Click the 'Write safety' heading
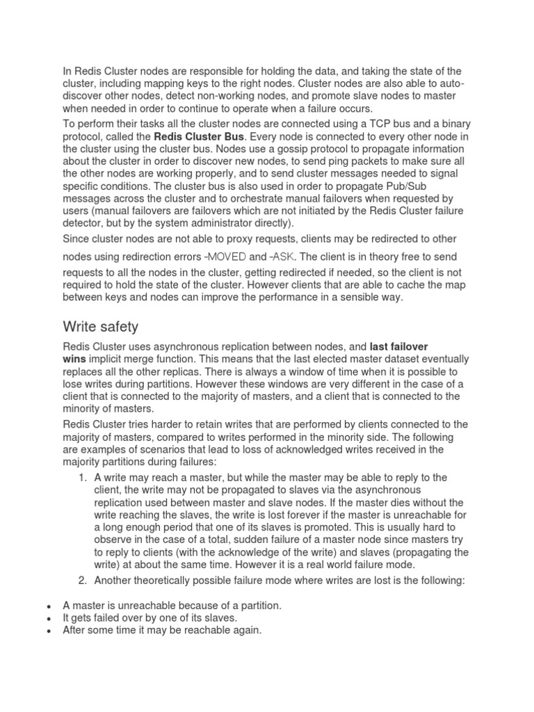[102, 326]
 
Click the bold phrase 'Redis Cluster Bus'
[198, 136]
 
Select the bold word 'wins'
[75, 359]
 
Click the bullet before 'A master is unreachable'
[47, 606]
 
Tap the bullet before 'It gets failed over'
[47, 618]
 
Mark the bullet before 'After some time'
[47, 631]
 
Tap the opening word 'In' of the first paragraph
[67, 71]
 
